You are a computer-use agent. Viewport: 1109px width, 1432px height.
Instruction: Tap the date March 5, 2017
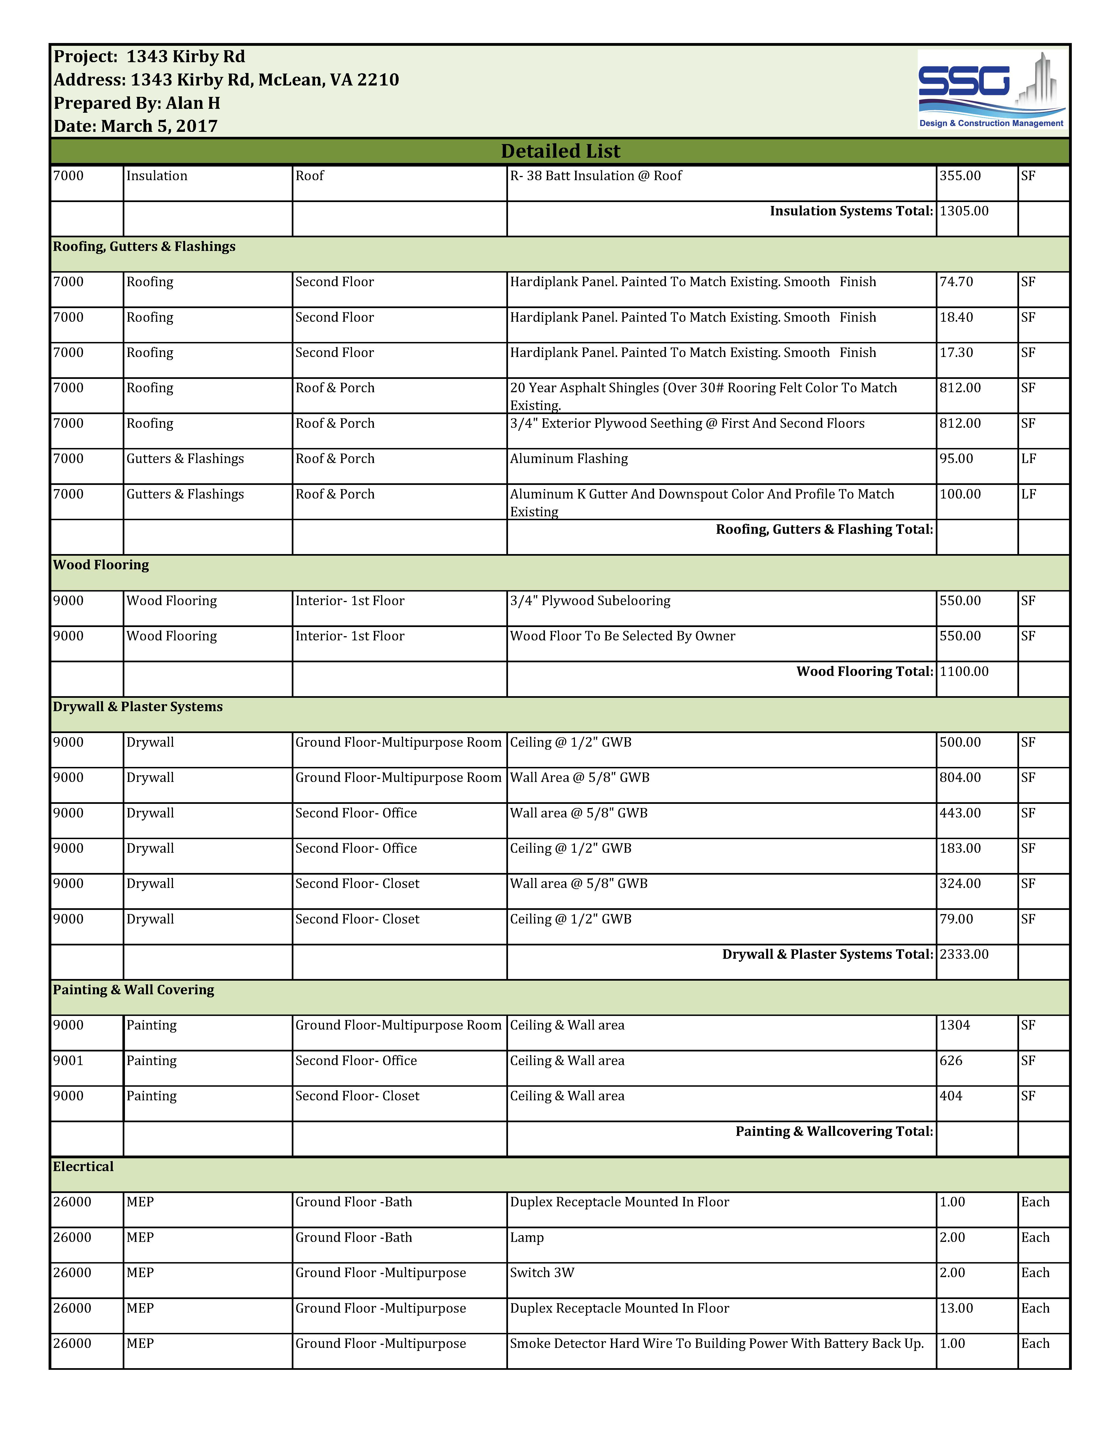tap(136, 126)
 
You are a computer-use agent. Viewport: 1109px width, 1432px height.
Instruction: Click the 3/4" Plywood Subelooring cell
tap(590, 601)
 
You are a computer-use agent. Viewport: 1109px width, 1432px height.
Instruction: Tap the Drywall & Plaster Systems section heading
tap(138, 707)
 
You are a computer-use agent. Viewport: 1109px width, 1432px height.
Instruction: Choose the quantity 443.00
tap(960, 813)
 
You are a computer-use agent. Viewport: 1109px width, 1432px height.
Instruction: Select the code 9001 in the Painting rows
tap(68, 1060)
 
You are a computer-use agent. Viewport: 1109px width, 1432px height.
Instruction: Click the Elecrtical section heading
tap(83, 1166)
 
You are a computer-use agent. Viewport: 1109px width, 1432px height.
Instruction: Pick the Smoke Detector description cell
tap(716, 1343)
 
